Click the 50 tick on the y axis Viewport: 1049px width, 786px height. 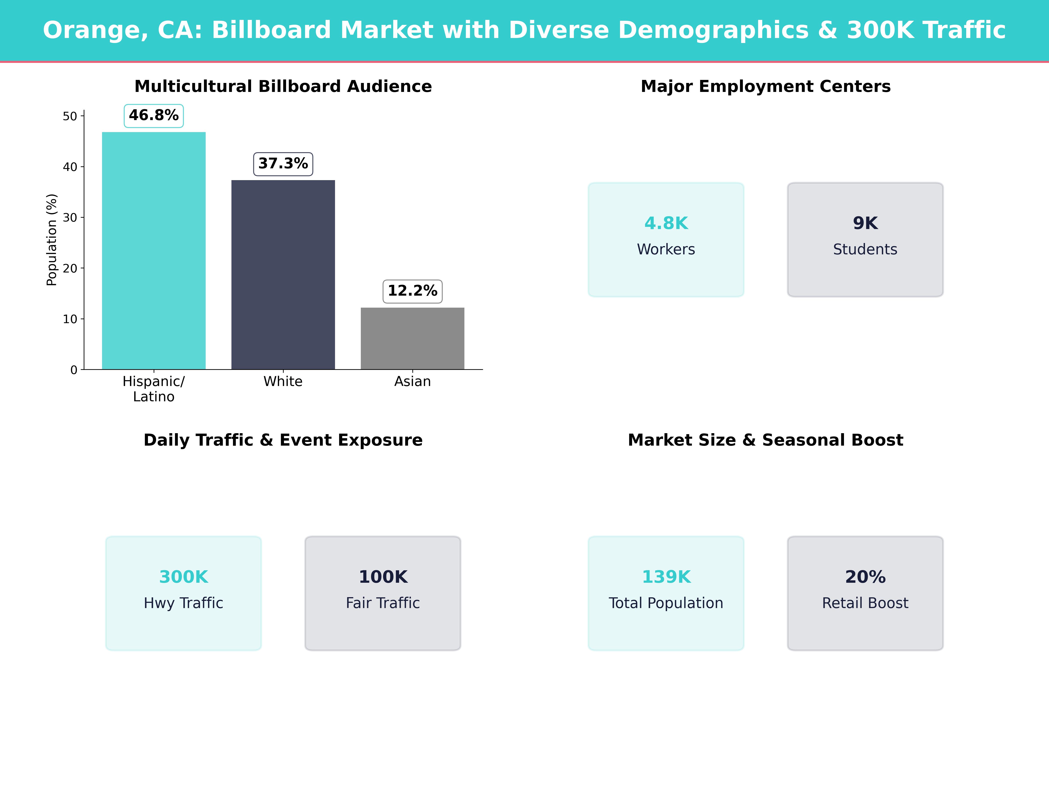[x=70, y=116]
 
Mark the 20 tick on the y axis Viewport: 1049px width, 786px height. [x=70, y=268]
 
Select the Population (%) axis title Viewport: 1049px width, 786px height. [x=52, y=240]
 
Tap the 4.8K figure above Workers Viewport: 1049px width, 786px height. [x=666, y=223]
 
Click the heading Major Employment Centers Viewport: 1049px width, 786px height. [x=765, y=86]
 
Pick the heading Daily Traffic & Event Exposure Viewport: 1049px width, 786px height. [x=283, y=440]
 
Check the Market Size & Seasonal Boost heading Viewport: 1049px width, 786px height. [x=765, y=440]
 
